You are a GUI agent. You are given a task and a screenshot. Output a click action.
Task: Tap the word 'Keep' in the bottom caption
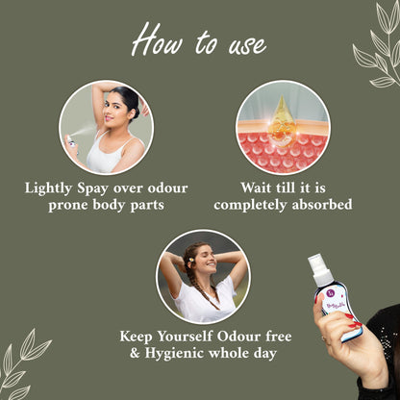click(x=139, y=337)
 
